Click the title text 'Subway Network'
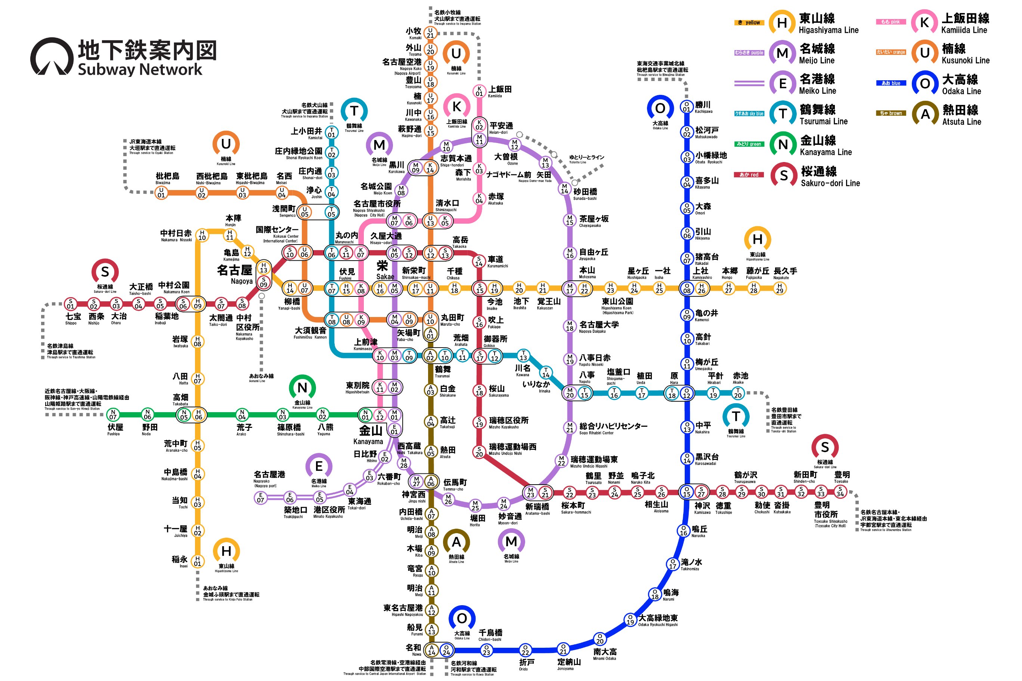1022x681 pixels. click(140, 69)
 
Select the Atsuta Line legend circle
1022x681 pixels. click(925, 114)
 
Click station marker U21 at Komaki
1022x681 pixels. click(430, 32)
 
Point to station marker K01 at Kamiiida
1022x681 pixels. click(479, 91)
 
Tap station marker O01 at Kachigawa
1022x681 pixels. click(687, 107)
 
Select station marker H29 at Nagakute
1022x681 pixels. click(780, 288)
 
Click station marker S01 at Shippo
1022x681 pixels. click(70, 304)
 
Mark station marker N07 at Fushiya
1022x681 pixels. click(113, 414)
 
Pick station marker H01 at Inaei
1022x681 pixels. click(198, 561)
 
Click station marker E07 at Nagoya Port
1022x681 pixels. click(261, 497)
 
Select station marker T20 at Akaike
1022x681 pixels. click(738, 393)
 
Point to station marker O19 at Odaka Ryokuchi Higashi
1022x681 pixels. click(630, 619)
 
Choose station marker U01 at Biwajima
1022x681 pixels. click(161, 192)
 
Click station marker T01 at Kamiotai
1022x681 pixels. click(332, 132)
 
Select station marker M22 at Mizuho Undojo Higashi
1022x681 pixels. click(561, 461)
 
